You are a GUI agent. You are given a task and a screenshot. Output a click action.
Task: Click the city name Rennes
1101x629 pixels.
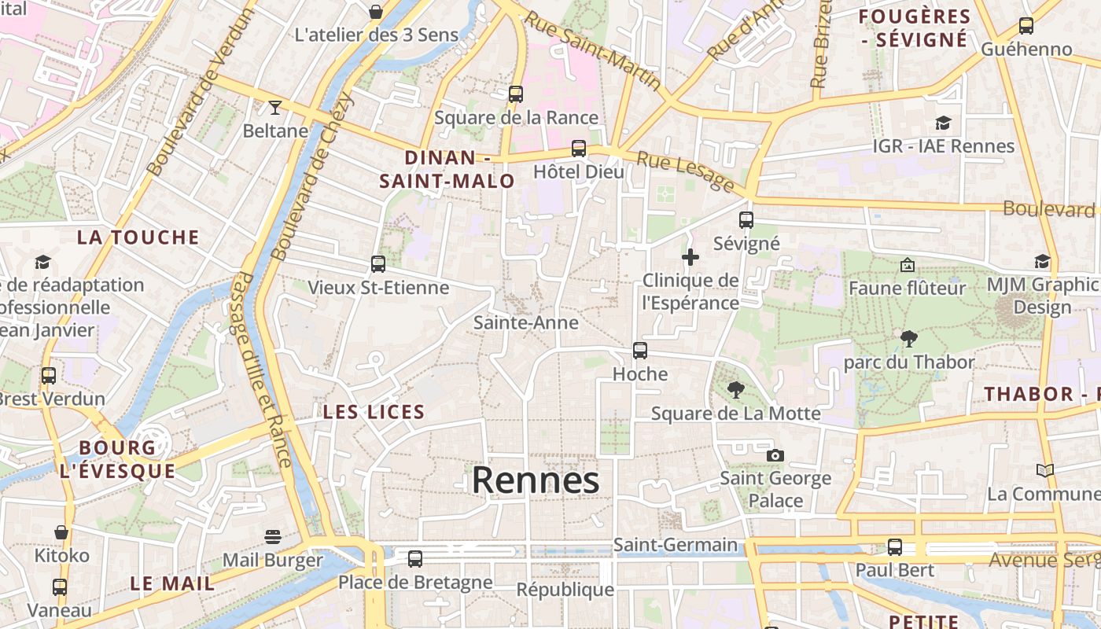click(x=536, y=480)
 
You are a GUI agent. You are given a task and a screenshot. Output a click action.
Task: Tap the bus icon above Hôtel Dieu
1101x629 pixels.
click(x=579, y=148)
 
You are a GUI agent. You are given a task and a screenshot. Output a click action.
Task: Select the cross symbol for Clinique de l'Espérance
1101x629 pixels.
click(x=690, y=257)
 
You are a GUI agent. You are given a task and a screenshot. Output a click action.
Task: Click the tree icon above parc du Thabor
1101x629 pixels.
click(x=909, y=339)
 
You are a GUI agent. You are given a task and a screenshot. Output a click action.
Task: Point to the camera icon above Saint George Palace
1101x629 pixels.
click(x=775, y=455)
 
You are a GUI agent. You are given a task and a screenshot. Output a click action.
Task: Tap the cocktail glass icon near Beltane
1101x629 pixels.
click(x=275, y=107)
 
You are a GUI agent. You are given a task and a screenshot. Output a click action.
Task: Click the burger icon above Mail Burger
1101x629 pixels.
click(x=273, y=537)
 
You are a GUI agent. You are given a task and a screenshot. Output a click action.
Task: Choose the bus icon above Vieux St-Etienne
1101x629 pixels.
click(x=378, y=264)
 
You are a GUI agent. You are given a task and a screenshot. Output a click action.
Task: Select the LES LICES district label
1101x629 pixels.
click(x=374, y=412)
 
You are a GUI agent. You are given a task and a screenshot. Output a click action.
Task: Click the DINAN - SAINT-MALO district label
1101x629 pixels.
click(x=447, y=169)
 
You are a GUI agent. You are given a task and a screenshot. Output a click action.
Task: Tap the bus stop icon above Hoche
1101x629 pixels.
click(x=640, y=351)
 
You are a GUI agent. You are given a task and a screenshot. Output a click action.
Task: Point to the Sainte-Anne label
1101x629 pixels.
click(x=526, y=322)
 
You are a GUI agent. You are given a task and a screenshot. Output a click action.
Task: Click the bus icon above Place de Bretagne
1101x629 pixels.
click(x=415, y=559)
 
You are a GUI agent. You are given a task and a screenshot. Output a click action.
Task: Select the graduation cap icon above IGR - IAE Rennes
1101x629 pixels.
click(x=943, y=123)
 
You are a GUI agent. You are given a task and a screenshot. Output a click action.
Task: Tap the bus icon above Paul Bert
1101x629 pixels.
click(x=895, y=547)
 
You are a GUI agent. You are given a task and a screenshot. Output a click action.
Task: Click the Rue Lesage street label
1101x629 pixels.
click(x=685, y=171)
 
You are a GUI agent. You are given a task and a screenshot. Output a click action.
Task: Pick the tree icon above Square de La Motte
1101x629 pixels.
click(x=736, y=390)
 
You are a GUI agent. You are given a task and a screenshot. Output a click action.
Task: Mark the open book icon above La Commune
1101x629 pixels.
click(x=1044, y=470)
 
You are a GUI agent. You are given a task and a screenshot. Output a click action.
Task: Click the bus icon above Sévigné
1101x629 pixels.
click(x=746, y=220)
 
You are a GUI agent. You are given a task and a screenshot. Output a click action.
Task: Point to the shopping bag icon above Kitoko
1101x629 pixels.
click(x=61, y=532)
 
